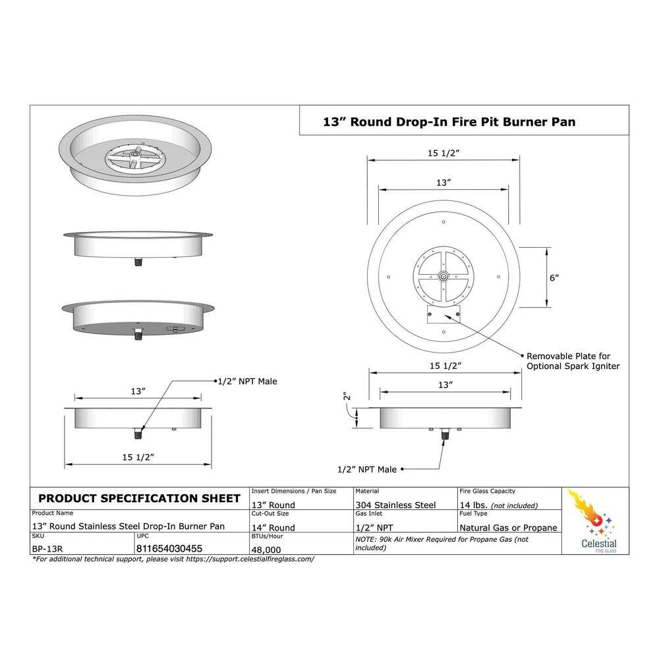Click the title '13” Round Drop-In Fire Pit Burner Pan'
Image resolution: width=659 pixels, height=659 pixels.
[x=449, y=122]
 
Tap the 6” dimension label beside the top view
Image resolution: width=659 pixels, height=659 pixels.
[x=554, y=278]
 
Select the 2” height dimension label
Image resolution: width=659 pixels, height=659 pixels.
[x=347, y=396]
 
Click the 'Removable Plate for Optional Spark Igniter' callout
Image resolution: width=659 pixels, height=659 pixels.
[x=573, y=361]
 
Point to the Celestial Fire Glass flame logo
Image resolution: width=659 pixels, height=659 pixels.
[x=594, y=513]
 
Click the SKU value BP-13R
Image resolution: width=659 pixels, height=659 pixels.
[x=47, y=549]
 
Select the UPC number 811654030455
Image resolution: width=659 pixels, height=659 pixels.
[x=169, y=548]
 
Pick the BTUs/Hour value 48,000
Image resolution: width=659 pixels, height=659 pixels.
[x=266, y=550]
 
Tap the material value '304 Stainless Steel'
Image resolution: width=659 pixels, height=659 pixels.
[x=395, y=505]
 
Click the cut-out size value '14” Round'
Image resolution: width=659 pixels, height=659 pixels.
[x=273, y=527]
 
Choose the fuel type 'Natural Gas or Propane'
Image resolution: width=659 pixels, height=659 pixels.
[x=508, y=527]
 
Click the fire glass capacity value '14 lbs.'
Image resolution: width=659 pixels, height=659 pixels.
[x=473, y=505]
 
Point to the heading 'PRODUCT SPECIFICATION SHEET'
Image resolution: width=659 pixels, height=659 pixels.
[x=139, y=498]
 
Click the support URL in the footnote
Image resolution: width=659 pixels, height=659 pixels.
[x=250, y=559]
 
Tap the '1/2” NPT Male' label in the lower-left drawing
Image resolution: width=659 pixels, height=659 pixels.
[x=247, y=382]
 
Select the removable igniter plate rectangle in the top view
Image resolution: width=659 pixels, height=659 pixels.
[x=444, y=314]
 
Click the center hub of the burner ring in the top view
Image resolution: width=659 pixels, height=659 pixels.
[x=444, y=277]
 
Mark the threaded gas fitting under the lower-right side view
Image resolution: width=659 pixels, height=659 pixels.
[x=444, y=434]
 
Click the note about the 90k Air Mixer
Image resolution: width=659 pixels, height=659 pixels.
[x=442, y=544]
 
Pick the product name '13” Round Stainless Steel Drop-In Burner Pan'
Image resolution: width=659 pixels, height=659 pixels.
[x=129, y=526]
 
